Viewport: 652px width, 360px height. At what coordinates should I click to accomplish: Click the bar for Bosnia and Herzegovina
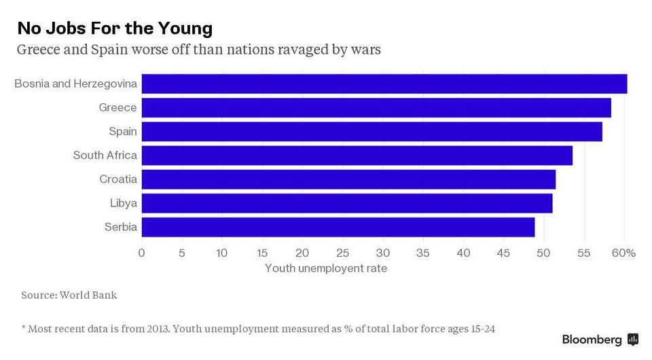pos(384,84)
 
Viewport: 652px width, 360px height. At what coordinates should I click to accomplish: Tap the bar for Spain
pos(372,131)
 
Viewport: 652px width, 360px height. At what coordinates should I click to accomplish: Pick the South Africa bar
pos(357,156)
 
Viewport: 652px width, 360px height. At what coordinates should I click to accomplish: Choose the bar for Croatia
pos(348,179)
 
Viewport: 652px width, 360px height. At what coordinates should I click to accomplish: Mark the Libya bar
pos(346,203)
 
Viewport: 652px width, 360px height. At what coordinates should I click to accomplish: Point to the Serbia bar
pos(338,227)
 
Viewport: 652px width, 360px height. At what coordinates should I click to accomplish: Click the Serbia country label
pos(120,227)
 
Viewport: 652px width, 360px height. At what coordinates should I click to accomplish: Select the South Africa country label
pos(105,156)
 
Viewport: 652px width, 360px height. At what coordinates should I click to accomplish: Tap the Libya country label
pos(123,203)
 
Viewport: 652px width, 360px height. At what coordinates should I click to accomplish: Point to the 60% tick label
pos(623,253)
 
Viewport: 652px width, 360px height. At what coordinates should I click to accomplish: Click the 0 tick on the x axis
pos(141,253)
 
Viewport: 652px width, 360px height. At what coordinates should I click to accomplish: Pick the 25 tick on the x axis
pos(342,253)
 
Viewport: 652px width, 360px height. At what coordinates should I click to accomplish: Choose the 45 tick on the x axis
pos(503,253)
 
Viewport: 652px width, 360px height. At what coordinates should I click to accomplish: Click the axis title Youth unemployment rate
pos(326,269)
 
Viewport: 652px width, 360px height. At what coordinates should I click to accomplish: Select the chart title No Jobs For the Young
pos(115,28)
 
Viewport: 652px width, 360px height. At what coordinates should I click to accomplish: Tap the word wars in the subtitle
pos(365,50)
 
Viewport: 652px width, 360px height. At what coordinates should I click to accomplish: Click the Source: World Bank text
pos(69,295)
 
